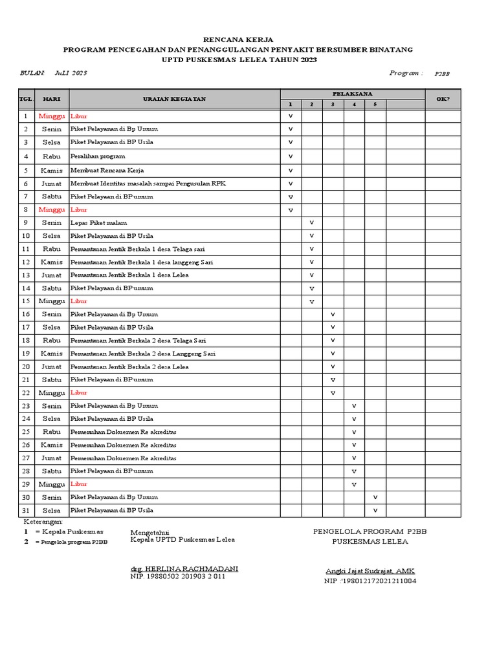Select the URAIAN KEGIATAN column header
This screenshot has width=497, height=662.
pyautogui.click(x=174, y=99)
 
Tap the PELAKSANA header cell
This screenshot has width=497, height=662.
pyautogui.click(x=352, y=94)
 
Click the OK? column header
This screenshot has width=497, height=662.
pyautogui.click(x=443, y=99)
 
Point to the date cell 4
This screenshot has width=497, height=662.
pyautogui.click(x=26, y=156)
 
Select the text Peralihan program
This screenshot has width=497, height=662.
pyautogui.click(x=98, y=156)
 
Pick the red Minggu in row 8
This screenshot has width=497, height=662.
pyautogui.click(x=52, y=210)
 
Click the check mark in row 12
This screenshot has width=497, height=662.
pyautogui.click(x=311, y=262)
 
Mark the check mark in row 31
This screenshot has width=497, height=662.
pyautogui.click(x=375, y=510)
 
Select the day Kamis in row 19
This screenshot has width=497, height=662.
pyautogui.click(x=52, y=354)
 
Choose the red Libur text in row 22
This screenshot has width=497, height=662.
pyautogui.click(x=78, y=393)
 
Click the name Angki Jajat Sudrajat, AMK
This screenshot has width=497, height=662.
pyautogui.click(x=370, y=571)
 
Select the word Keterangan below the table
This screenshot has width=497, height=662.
pyautogui.click(x=43, y=521)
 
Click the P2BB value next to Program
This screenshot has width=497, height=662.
pyautogui.click(x=442, y=74)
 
